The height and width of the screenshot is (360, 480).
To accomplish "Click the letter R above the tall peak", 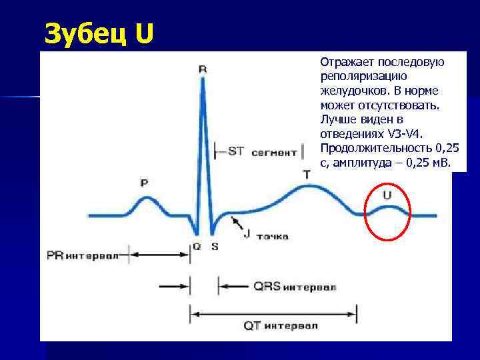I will click(x=203, y=69).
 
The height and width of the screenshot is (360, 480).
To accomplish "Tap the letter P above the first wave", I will click(x=144, y=182).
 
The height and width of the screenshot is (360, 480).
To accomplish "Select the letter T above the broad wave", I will click(x=306, y=174).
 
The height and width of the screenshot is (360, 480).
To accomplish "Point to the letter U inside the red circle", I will click(x=387, y=195).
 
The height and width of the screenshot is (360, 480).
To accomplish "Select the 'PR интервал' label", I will click(x=83, y=255).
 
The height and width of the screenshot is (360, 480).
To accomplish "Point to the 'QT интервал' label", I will click(x=281, y=325).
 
